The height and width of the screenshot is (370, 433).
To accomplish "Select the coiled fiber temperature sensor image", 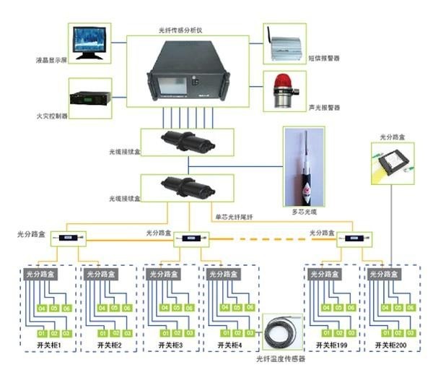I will click(281, 335).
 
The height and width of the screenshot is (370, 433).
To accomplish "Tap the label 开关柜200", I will click(392, 346).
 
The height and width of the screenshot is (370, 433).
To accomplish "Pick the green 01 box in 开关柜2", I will click(100, 332).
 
